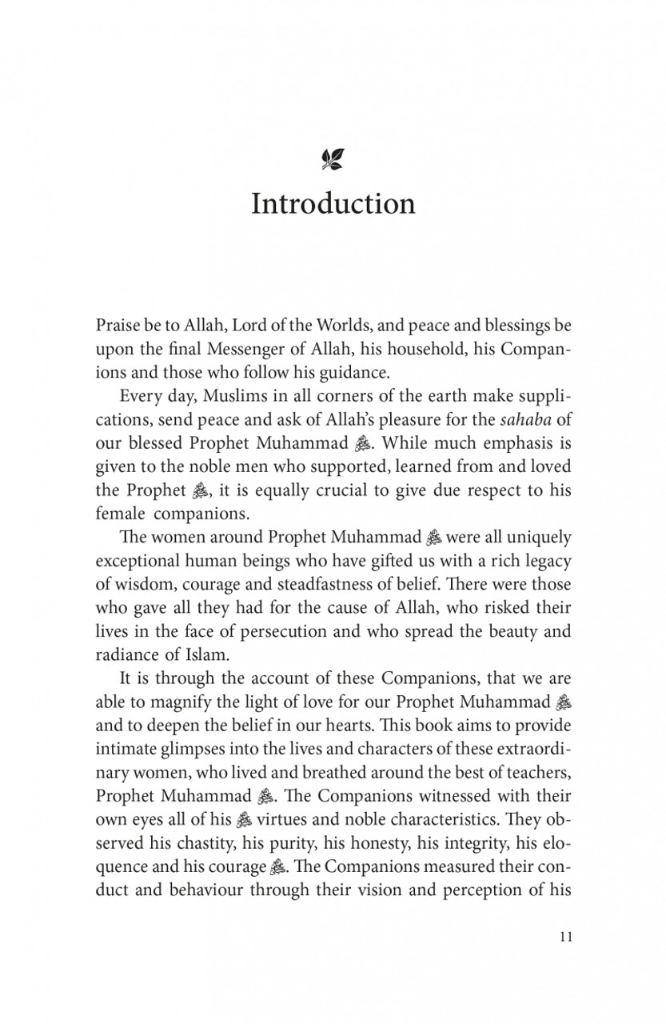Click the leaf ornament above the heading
333,159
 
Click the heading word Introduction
333,204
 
